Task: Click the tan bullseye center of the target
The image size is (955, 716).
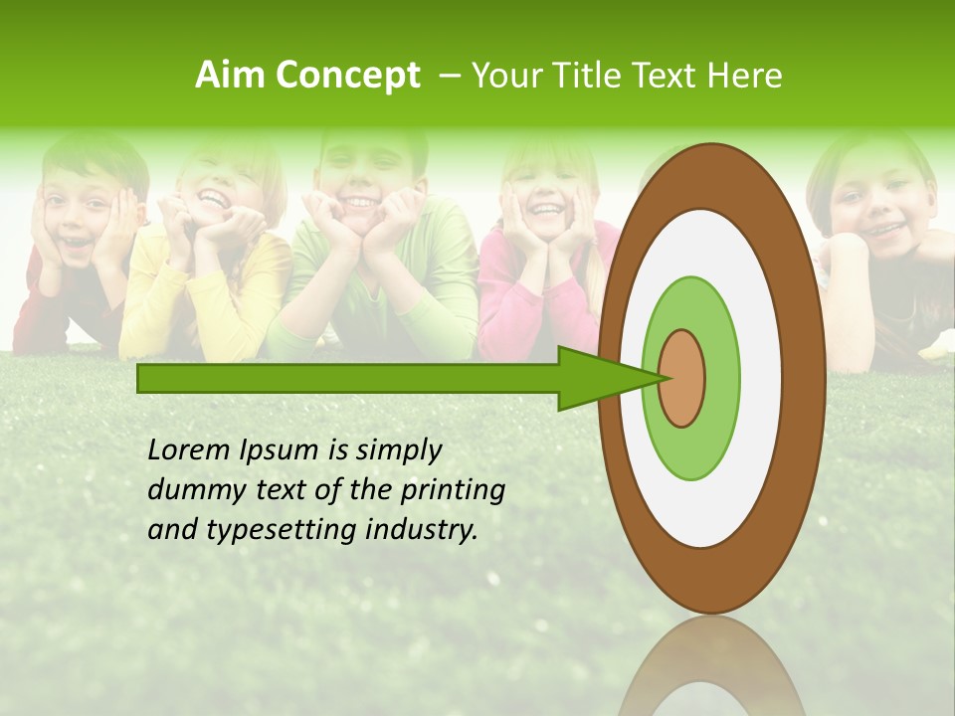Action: click(x=682, y=378)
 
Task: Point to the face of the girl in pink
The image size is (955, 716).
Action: click(x=544, y=189)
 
